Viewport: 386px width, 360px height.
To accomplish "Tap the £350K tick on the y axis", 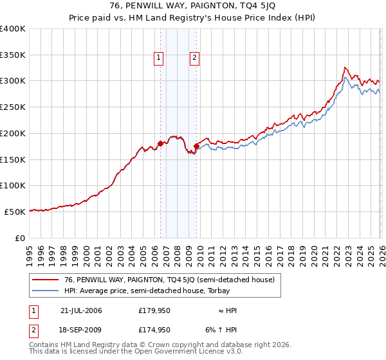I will coord(13,55).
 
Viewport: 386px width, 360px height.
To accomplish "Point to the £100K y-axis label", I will coord(13,185).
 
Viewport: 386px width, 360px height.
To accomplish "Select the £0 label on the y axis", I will coord(20,237).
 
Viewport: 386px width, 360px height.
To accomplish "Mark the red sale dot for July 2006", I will coord(160,144).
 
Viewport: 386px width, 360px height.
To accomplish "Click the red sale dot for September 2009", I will coord(196,147).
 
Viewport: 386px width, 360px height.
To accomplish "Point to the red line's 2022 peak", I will coord(345,67).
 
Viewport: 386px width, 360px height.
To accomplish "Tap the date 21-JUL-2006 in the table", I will coord(81,310).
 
